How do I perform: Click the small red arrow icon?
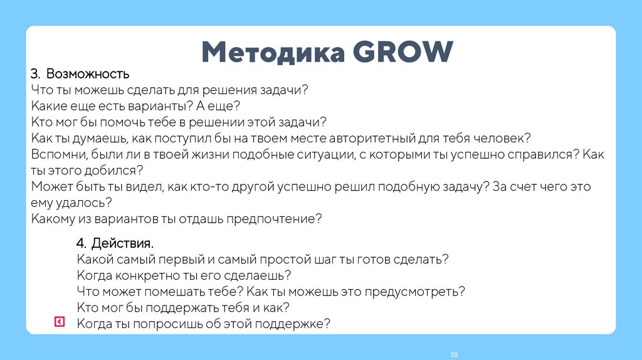click(58, 322)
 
